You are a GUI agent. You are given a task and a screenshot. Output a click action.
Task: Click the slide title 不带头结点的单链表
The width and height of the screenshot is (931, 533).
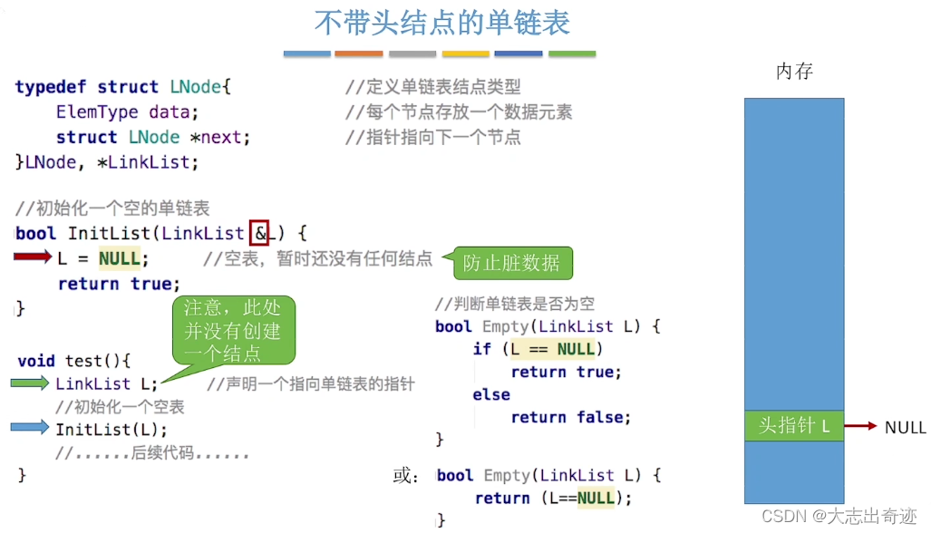(441, 23)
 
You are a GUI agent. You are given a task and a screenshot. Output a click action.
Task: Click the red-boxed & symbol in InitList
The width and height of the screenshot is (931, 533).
(260, 234)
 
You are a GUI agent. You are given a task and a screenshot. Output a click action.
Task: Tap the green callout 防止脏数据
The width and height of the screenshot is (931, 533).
(511, 264)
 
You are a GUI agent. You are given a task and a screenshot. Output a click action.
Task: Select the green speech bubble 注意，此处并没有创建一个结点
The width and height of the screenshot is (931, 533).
(232, 331)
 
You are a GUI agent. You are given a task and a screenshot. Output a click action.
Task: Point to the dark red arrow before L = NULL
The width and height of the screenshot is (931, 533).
(34, 258)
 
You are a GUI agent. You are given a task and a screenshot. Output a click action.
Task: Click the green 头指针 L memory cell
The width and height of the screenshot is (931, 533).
(794, 426)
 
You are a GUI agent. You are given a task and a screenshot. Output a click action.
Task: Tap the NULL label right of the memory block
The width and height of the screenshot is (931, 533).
(905, 427)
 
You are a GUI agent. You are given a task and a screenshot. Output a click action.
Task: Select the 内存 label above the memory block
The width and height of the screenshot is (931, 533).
(794, 72)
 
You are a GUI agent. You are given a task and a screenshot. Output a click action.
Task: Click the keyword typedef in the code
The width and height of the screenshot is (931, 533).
(51, 87)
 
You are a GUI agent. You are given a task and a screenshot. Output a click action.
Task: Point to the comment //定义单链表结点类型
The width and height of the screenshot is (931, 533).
(433, 87)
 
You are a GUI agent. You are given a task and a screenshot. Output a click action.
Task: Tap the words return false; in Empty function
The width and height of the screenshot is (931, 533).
(570, 418)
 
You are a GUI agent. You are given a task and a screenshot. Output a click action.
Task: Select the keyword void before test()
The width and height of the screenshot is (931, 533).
(36, 361)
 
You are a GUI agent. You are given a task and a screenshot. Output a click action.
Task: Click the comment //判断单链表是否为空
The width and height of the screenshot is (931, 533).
(514, 304)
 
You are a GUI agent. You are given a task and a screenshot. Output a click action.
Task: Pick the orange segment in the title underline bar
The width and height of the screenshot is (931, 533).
(359, 54)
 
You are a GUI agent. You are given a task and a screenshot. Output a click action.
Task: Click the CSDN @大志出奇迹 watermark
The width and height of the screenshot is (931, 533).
(839, 517)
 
